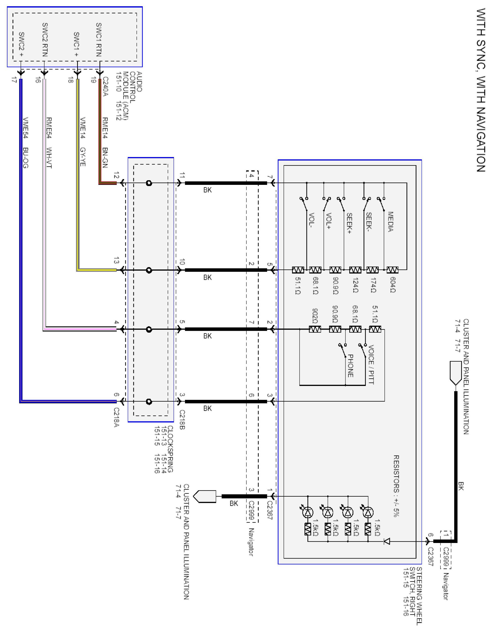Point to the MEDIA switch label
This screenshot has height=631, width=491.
(390, 222)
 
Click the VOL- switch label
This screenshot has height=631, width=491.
(312, 221)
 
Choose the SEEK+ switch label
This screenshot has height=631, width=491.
(349, 223)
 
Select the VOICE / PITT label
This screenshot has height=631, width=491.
(371, 364)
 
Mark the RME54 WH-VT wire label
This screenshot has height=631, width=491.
(49, 143)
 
